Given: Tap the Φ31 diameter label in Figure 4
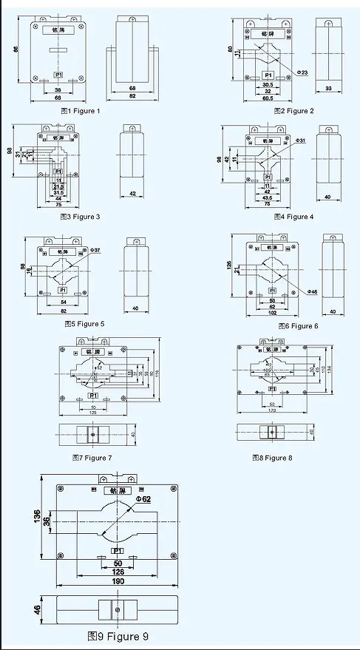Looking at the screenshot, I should pos(301,140).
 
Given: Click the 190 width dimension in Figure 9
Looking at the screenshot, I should pos(116,581).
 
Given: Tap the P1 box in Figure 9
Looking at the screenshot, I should pos(117,551).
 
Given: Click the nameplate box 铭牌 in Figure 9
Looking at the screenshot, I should pos(117,490).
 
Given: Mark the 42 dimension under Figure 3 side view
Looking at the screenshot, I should pos(133,194).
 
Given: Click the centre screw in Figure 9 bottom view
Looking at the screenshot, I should pos(117,611).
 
